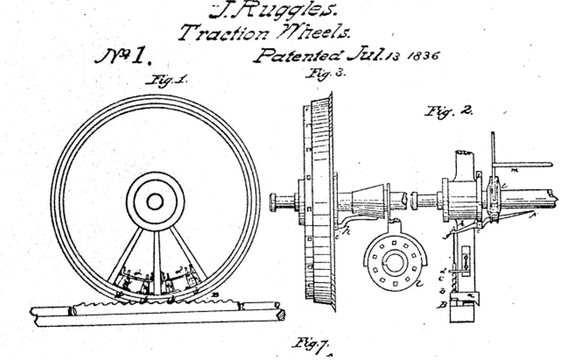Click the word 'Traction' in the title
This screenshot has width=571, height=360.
point(223,32)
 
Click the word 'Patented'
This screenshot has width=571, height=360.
point(299,55)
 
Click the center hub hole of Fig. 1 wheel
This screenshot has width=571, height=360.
point(155,201)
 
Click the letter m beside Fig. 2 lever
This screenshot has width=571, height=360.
point(514,170)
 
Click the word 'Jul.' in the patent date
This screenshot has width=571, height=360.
point(365,55)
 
